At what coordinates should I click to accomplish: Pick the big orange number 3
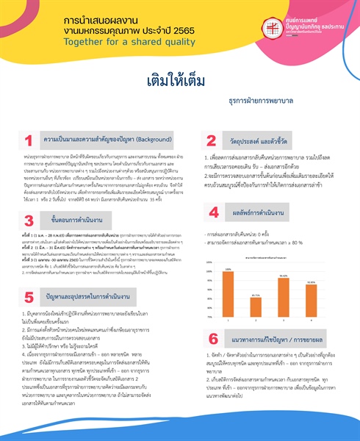click(x=29, y=220)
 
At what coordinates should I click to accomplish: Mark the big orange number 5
click(x=29, y=297)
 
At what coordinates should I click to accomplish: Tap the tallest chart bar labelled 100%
click(x=228, y=295)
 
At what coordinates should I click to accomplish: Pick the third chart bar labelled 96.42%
click(x=283, y=299)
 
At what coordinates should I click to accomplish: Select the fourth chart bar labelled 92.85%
click(x=311, y=302)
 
